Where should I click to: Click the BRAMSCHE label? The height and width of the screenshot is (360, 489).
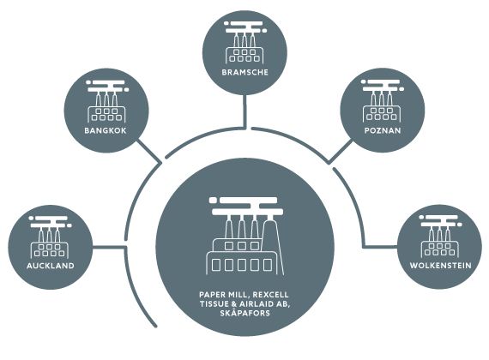pyautogui.click(x=244, y=72)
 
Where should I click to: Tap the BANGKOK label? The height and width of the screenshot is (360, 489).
pyautogui.click(x=106, y=130)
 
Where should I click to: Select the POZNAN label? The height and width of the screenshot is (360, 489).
pyautogui.click(x=383, y=130)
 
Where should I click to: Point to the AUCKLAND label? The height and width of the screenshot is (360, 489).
pyautogui.click(x=51, y=266)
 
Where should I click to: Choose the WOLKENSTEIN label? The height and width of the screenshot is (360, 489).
pyautogui.click(x=440, y=266)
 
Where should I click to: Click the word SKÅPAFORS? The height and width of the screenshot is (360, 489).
pyautogui.click(x=244, y=313)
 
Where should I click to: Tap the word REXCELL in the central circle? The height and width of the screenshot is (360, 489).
pyautogui.click(x=271, y=295)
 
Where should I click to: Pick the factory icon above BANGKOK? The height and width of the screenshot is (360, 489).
pyautogui.click(x=106, y=101)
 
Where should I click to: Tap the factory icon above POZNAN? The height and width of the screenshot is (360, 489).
pyautogui.click(x=383, y=100)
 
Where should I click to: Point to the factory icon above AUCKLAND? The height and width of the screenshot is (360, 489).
pyautogui.click(x=51, y=237)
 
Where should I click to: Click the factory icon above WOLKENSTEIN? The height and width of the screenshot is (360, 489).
pyautogui.click(x=440, y=236)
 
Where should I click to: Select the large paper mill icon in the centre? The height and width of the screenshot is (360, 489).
pyautogui.click(x=246, y=236)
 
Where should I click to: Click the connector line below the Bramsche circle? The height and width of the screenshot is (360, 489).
pyautogui.click(x=245, y=111)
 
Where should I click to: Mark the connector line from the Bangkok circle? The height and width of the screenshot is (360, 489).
pyautogui.click(x=149, y=151)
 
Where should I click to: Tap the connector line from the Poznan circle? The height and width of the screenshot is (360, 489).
pyautogui.click(x=341, y=152)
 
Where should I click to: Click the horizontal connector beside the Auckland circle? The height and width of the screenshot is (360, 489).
pyautogui.click(x=109, y=248)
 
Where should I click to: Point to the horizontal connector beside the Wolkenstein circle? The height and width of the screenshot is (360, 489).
pyautogui.click(x=380, y=247)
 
